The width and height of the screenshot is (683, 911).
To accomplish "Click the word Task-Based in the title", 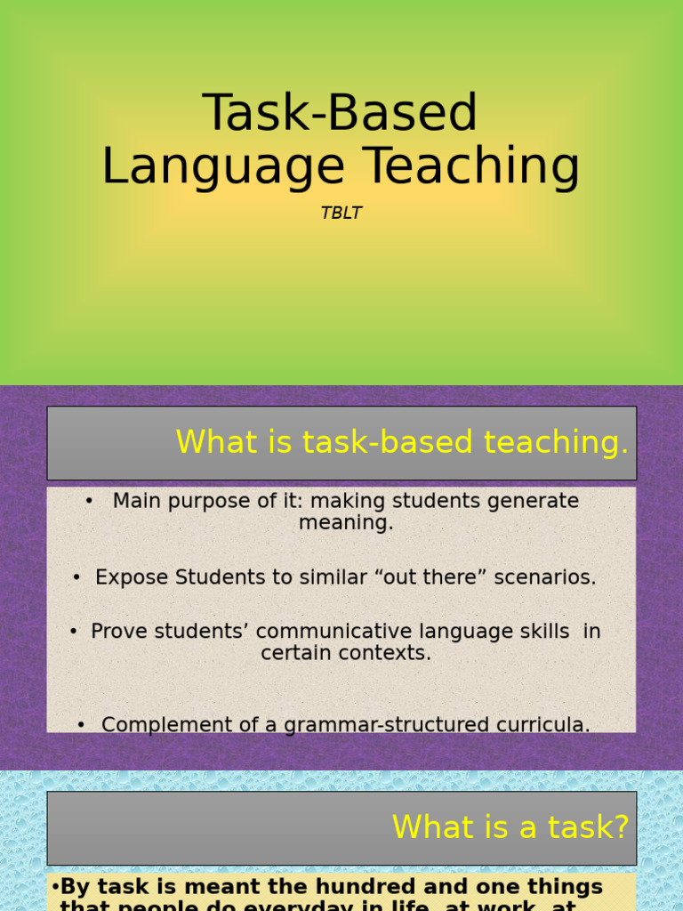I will (x=341, y=113).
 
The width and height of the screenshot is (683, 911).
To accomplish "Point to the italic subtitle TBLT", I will (x=341, y=214).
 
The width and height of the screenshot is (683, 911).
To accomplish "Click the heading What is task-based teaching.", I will (x=402, y=442).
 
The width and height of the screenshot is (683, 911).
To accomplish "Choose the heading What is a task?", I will (x=510, y=827).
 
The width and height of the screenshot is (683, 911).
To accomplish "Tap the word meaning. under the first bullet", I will (x=346, y=523).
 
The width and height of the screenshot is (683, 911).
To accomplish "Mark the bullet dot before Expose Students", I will (x=77, y=577).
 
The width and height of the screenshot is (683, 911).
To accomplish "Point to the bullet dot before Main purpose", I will (x=89, y=502).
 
